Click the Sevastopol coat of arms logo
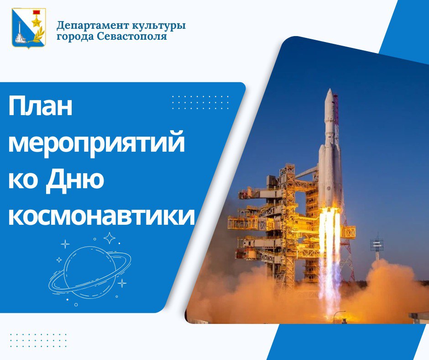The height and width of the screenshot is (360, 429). click(x=29, y=28)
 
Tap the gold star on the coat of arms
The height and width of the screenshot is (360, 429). click(x=36, y=21)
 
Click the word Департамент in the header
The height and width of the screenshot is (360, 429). click(x=93, y=26)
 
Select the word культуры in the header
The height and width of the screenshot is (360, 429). click(x=159, y=26)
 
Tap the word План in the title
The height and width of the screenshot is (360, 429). click(x=40, y=106)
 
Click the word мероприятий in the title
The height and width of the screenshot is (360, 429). click(x=97, y=144)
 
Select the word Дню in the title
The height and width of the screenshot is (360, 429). click(x=75, y=180)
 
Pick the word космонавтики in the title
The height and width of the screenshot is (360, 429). click(x=101, y=216)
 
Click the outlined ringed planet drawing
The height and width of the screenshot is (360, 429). click(x=90, y=272)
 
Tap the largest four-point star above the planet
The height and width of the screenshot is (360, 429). click(x=110, y=238)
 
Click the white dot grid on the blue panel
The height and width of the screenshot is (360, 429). click(x=200, y=102)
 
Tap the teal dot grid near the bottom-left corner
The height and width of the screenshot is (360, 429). click(x=38, y=340)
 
